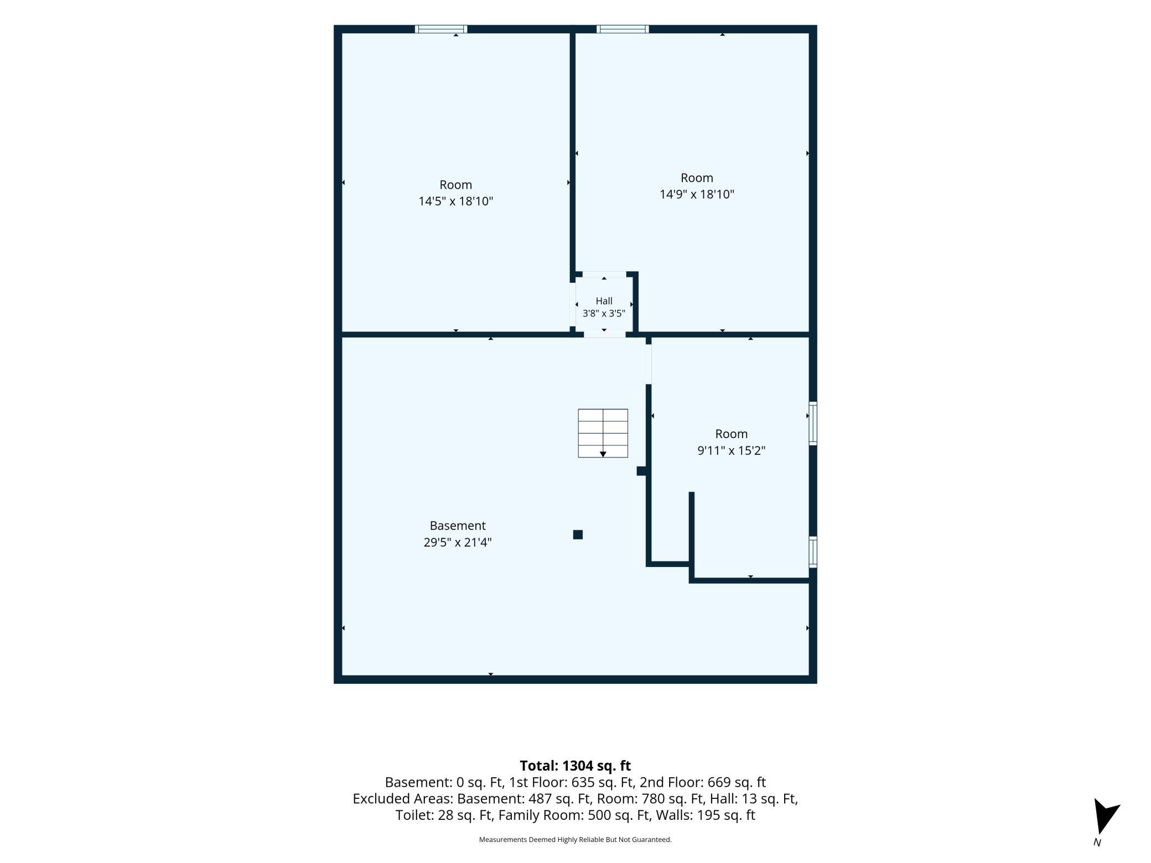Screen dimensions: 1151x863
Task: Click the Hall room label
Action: (x=604, y=301)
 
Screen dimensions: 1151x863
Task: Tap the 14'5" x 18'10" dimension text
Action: (x=455, y=201)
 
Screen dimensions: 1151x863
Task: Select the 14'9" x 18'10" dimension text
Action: (x=697, y=194)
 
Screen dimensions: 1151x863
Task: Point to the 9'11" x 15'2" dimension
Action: (x=731, y=450)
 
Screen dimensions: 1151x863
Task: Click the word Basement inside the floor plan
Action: (x=458, y=526)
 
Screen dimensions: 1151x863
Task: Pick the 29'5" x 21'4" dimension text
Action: (x=458, y=542)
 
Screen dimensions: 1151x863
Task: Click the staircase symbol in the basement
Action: (x=603, y=433)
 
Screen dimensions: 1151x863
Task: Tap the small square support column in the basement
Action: (x=578, y=534)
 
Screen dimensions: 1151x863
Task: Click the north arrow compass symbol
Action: (x=1106, y=815)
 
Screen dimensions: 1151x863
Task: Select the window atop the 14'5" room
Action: (x=441, y=29)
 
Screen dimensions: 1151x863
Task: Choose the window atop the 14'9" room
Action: (x=623, y=29)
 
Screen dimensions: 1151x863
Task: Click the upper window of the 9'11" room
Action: (x=813, y=423)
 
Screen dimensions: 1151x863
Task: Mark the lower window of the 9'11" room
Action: (x=813, y=552)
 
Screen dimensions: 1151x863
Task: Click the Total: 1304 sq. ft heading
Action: (x=575, y=766)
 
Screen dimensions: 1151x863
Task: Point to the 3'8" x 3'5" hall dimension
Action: (x=604, y=313)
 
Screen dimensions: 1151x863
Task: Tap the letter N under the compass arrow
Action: (x=1097, y=843)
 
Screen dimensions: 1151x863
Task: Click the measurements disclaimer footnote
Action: (x=575, y=840)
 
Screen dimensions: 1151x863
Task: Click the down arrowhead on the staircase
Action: (x=603, y=454)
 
